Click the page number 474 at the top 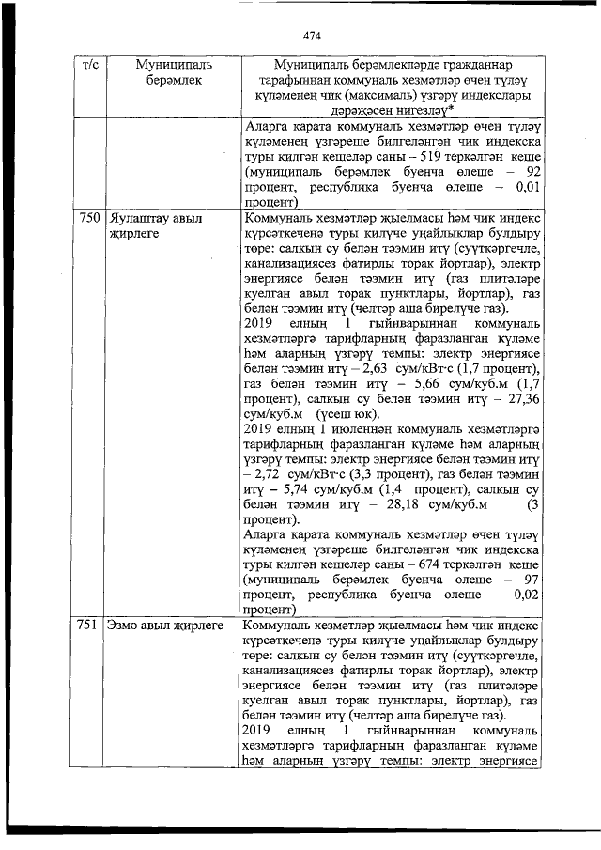[313, 37]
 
